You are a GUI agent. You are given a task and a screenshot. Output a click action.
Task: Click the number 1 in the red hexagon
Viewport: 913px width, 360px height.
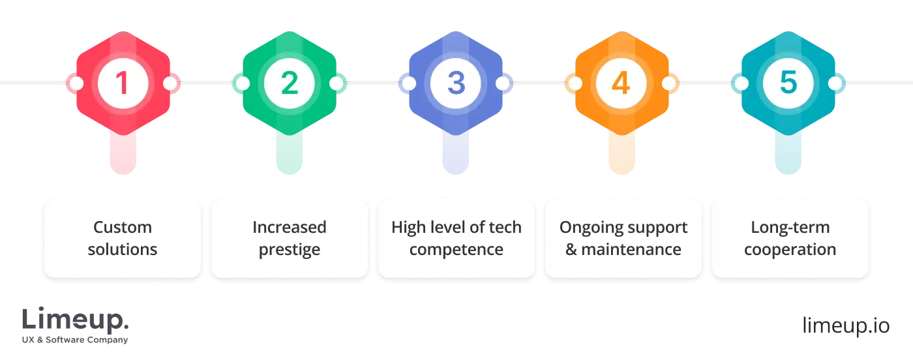point(123,83)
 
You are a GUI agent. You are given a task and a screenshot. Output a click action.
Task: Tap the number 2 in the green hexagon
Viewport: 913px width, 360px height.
point(290,83)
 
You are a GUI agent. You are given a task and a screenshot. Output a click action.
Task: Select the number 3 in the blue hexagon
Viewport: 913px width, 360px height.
point(456,83)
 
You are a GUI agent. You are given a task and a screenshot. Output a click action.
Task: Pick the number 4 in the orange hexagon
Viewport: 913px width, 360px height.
point(621,83)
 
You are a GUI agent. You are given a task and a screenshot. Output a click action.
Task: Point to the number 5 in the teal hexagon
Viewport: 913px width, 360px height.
point(788,83)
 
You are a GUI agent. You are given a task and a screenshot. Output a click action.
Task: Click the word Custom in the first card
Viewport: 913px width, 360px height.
point(123,227)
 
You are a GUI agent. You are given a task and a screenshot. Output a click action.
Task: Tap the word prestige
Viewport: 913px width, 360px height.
point(290,250)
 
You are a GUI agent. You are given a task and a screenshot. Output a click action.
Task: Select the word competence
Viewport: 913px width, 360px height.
point(456,250)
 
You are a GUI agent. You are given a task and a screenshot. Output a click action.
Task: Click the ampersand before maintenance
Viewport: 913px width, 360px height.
point(571,249)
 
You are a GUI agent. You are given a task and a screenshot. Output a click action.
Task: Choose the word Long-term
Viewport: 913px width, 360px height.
point(790,227)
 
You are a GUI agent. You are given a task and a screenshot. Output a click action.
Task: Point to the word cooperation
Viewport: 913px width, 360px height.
point(790,250)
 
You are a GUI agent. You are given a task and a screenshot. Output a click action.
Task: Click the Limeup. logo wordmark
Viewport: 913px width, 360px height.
point(75,319)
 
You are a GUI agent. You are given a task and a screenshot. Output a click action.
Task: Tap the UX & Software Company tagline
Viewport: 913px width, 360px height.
point(75,340)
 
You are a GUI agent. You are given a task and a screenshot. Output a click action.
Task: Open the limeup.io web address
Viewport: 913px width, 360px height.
point(846,325)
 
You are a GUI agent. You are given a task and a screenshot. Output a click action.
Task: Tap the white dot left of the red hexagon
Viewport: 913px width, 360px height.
point(76,83)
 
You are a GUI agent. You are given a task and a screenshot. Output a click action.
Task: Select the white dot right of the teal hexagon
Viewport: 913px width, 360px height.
point(835,83)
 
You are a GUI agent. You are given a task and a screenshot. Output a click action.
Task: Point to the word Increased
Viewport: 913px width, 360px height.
point(290,227)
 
